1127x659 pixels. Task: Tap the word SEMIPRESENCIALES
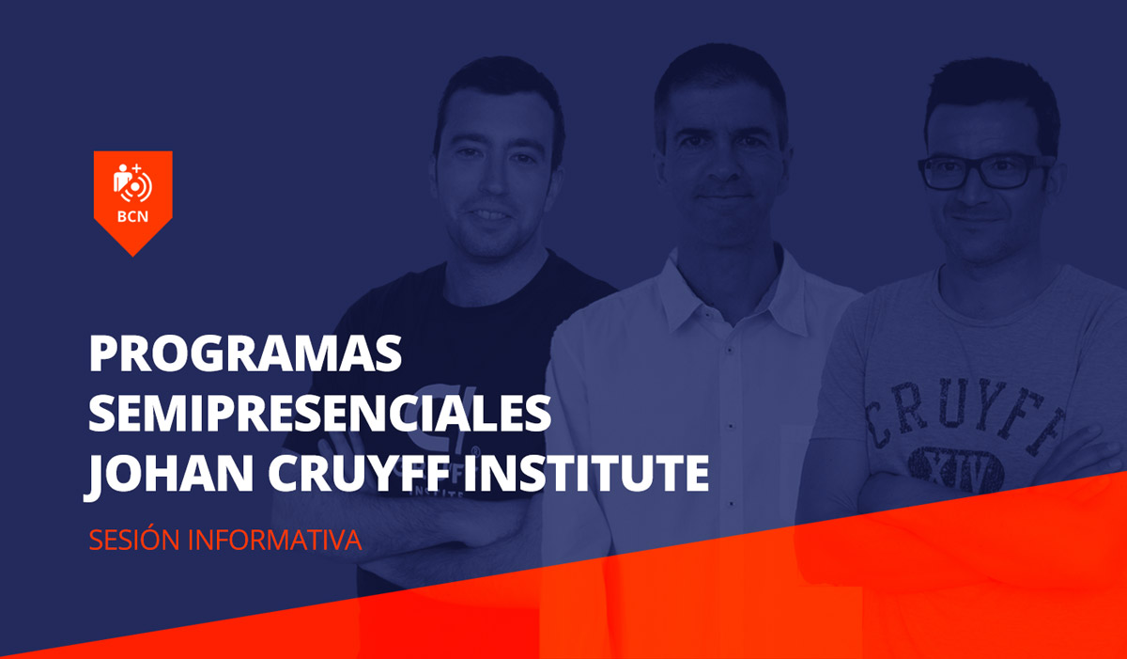[319, 415]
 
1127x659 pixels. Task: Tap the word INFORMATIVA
[274, 541]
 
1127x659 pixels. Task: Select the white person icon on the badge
[123, 178]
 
